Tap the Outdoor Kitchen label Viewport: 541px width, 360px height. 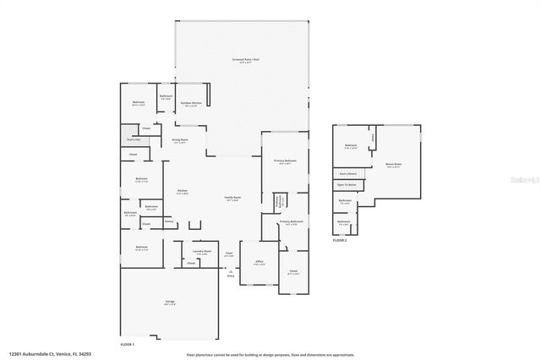click(191, 103)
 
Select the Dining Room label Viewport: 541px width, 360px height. click(179, 139)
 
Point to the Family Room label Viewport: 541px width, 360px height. click(232, 199)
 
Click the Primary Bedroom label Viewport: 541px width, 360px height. click(285, 161)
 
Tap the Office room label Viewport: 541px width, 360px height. click(260, 262)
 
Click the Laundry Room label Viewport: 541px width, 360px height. click(201, 251)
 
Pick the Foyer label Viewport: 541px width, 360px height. click(228, 254)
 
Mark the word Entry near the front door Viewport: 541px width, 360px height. click(230, 275)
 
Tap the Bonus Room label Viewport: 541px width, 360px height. click(393, 165)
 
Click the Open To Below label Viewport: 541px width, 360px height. click(347, 183)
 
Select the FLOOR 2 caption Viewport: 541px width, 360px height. click(339, 241)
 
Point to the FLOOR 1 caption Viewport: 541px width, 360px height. click(128, 345)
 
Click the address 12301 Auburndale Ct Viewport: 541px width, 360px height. click(39, 355)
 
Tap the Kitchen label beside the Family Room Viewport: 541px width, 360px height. click(181, 192)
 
